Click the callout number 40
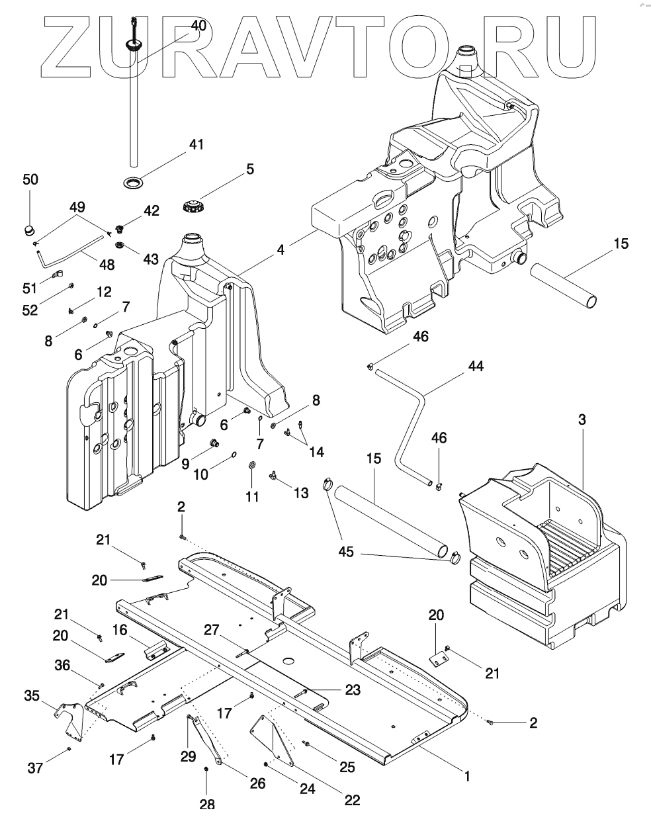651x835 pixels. point(198,26)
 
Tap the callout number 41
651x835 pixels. point(196,144)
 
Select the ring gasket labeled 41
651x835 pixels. point(132,181)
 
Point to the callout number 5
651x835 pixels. point(251,169)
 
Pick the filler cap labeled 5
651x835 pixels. point(192,206)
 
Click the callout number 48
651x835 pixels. point(107,265)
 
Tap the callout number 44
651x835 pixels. point(476,366)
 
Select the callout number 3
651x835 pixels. point(582,419)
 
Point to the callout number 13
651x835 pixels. point(301,493)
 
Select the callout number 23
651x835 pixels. point(353,689)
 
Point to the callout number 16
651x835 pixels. point(120,630)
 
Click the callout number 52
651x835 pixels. point(30,310)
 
